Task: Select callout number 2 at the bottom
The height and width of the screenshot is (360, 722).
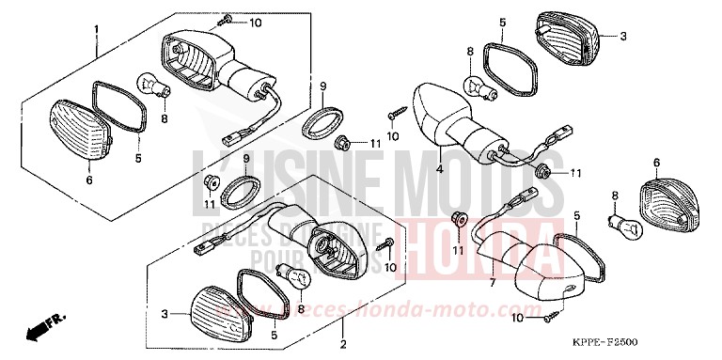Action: (342, 344)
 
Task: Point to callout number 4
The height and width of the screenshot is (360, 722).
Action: (438, 172)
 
